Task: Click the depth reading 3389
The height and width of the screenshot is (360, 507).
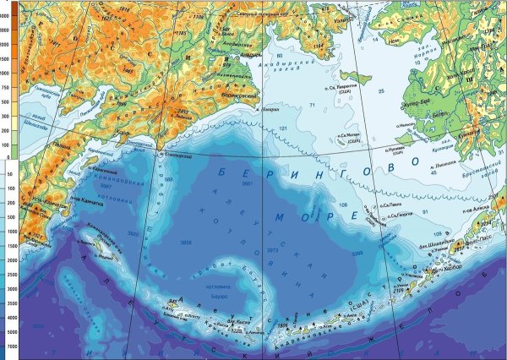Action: (x=334, y=253)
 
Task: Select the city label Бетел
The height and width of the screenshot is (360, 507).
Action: (x=487, y=126)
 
